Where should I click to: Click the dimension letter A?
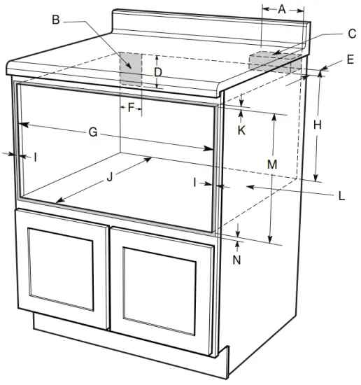tap(282, 9)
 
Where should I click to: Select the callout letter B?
tap(56, 20)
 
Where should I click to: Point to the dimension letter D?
tap(158, 71)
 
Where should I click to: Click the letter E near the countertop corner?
tap(349, 60)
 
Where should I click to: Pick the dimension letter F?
tap(130, 108)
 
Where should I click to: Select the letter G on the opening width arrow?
tap(92, 132)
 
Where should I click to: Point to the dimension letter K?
tap(241, 129)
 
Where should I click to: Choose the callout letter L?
tap(341, 196)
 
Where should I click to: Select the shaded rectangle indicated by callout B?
tap(131, 69)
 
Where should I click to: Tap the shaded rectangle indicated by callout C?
tap(274, 61)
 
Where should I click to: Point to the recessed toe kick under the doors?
tap(126, 350)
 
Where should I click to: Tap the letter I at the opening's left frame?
tap(34, 157)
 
